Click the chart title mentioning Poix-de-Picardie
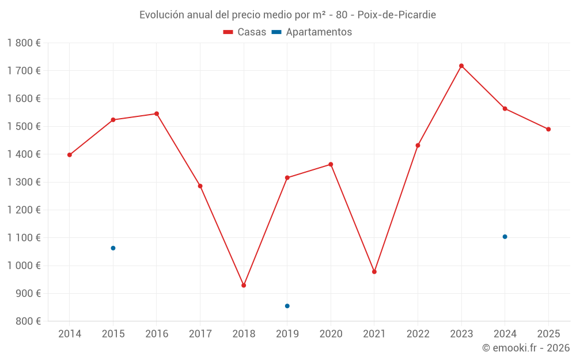[287, 14]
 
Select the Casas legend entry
[245, 32]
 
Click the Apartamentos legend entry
[312, 32]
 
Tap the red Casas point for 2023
[461, 66]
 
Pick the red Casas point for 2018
[244, 285]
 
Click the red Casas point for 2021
[374, 271]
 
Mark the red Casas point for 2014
[70, 154]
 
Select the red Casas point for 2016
[157, 113]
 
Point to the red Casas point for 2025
[548, 129]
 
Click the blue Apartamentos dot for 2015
[113, 248]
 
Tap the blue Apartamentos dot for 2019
[287, 306]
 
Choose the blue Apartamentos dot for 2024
[505, 237]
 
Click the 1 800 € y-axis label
[24, 43]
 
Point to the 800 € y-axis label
[28, 321]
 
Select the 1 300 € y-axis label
[24, 182]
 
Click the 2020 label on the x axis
[331, 334]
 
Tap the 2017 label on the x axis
[200, 334]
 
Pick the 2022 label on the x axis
[418, 334]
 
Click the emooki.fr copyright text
[526, 348]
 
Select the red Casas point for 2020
[331, 164]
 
